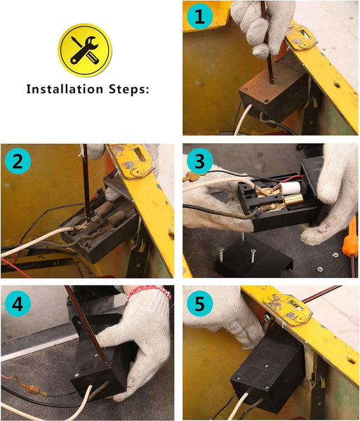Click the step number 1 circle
[x=200, y=17]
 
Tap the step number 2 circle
[x=18, y=161]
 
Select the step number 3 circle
[x=200, y=161]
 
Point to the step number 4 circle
[x=18, y=304]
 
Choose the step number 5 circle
[x=200, y=304]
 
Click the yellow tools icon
[x=85, y=51]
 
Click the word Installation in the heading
[x=65, y=89]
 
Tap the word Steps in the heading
[x=128, y=89]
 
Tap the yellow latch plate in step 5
[x=288, y=309]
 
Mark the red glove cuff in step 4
[x=149, y=291]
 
